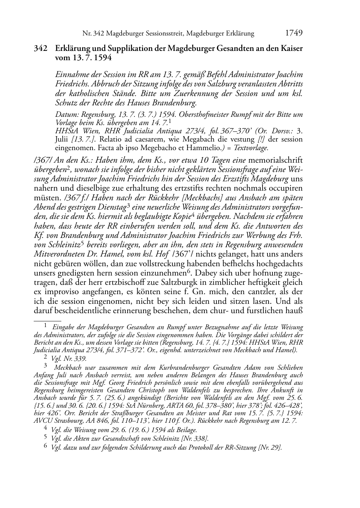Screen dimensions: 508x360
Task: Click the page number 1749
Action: pos(294,33)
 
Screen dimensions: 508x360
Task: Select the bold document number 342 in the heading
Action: pos(40,48)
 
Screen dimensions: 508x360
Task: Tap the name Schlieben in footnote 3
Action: pos(289,367)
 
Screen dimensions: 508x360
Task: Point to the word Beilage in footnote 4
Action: pos(186,430)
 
